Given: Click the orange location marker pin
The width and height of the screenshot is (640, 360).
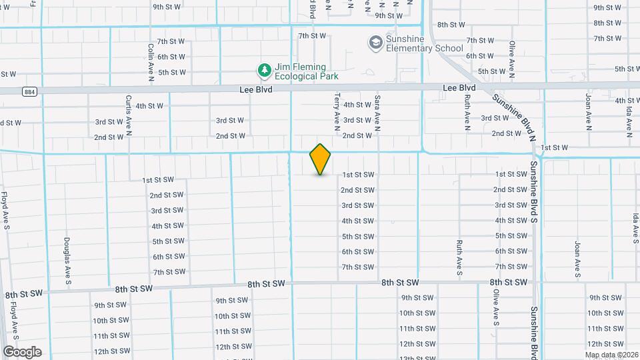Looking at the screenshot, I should click(x=320, y=159).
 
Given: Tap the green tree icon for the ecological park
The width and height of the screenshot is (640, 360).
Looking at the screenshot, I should click(x=265, y=70).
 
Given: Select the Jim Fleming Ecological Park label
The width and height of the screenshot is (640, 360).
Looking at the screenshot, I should click(x=302, y=71).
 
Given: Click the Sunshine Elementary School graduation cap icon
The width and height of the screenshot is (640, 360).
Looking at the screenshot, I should click(x=375, y=43).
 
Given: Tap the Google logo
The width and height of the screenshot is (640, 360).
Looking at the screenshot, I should click(x=22, y=351).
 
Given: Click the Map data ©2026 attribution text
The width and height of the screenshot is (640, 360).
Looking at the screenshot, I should click(x=611, y=354).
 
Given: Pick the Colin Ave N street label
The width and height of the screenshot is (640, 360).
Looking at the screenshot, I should click(x=151, y=61).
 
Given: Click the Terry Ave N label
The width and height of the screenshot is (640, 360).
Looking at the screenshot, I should click(x=337, y=109).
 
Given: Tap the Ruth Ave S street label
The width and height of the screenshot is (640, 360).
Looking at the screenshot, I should click(x=459, y=257).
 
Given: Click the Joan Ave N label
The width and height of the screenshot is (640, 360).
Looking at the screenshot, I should click(x=589, y=110).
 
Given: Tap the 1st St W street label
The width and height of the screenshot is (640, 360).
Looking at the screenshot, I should click(x=554, y=147).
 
